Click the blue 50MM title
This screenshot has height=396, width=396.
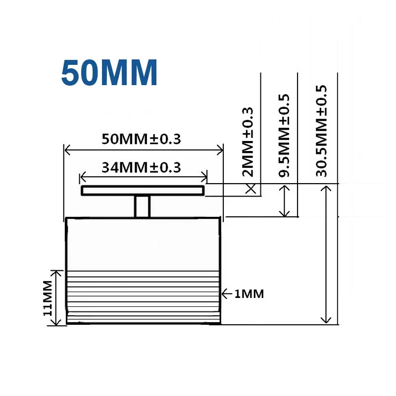coord(109,73)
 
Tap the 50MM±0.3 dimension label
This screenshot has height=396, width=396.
coord(141,139)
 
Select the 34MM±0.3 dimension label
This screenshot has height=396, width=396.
coord(141,167)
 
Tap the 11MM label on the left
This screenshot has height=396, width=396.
coord(48,298)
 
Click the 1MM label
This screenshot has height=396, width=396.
coord(249,294)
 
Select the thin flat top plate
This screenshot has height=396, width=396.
coord(143,191)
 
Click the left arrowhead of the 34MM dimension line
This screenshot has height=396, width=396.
coord(83,177)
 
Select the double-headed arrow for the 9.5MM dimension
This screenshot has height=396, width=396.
coord(285,200)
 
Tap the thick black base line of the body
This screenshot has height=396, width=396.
coord(144,323)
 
